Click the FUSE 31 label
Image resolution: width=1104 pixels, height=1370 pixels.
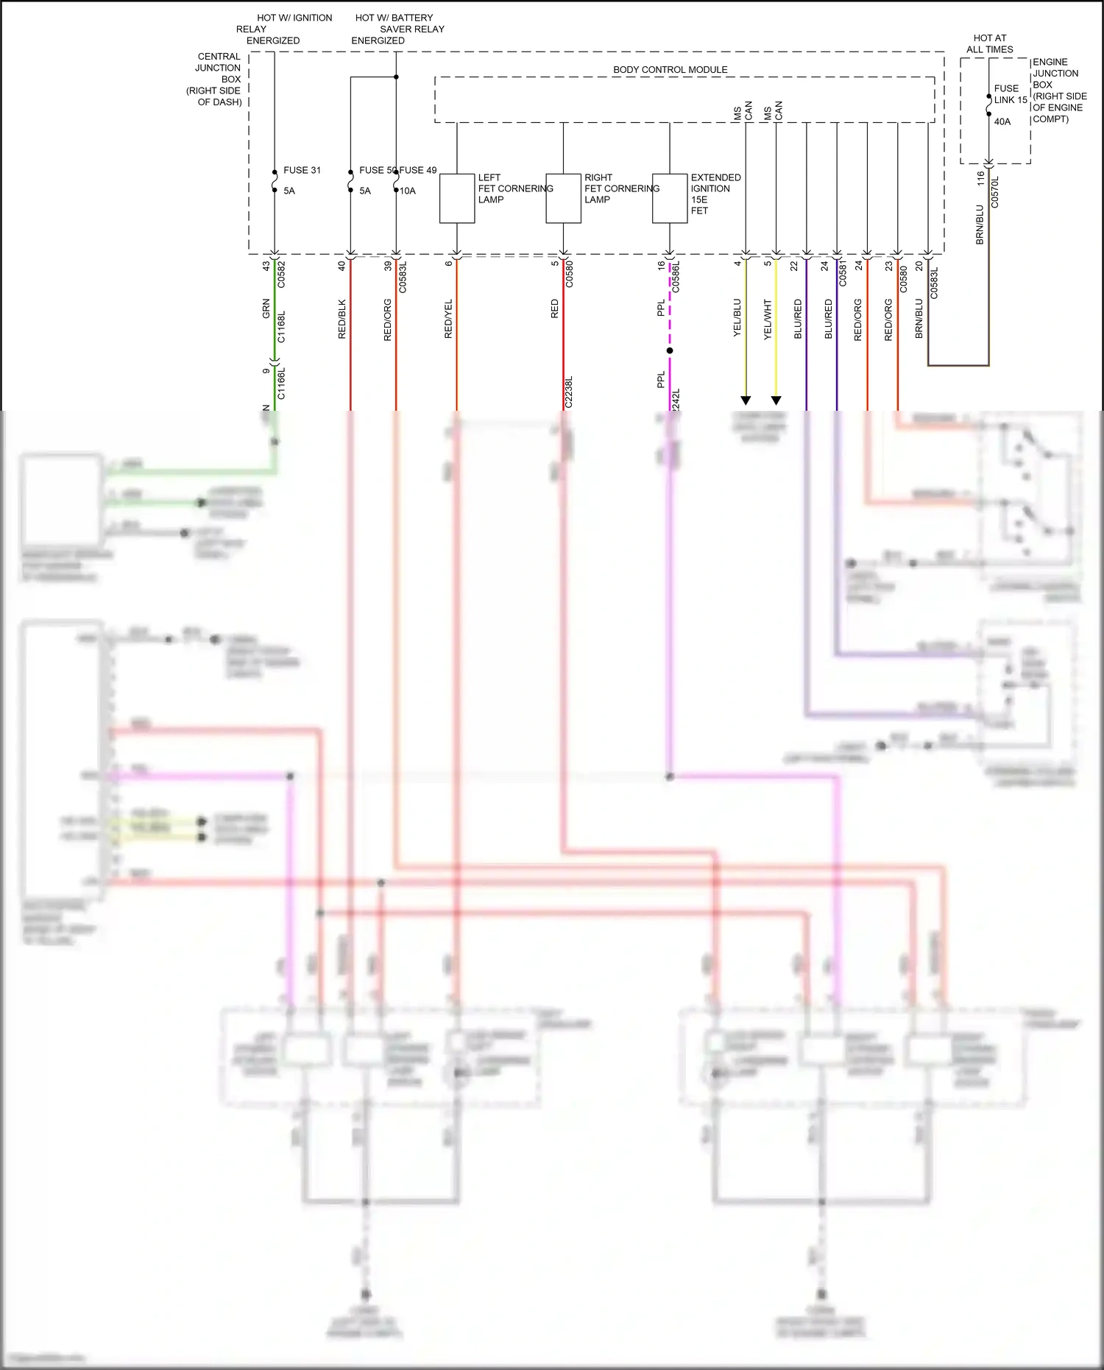tap(302, 170)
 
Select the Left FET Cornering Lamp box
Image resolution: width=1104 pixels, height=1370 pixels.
tap(457, 199)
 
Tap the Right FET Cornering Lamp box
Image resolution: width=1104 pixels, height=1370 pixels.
tap(563, 199)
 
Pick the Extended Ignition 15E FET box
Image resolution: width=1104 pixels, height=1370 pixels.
tap(670, 199)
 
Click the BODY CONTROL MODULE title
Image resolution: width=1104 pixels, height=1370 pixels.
tap(670, 70)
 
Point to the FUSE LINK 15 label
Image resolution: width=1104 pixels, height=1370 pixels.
tap(1011, 94)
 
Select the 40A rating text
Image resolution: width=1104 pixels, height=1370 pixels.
tap(1002, 121)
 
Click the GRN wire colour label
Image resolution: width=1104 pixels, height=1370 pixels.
tap(266, 309)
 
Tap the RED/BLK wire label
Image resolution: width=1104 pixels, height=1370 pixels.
tap(342, 319)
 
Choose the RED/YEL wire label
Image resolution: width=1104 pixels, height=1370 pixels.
tap(449, 319)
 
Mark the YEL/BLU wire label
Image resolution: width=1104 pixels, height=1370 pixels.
tap(737, 318)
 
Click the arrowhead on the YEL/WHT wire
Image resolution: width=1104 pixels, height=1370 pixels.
tap(776, 400)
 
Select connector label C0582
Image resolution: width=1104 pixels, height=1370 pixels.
tap(281, 274)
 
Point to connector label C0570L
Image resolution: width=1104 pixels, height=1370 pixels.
tap(995, 192)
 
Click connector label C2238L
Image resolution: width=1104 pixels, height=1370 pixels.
tap(569, 392)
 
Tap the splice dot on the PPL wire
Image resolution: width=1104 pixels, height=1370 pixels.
tap(670, 350)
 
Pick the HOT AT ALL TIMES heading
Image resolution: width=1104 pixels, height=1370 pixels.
tap(990, 43)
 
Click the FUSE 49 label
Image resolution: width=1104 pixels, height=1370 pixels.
tap(418, 170)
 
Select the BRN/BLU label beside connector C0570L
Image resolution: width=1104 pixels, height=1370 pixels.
tap(980, 225)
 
